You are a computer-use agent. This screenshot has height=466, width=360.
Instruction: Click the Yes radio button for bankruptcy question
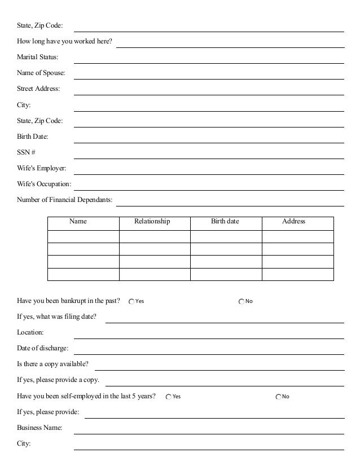(131, 301)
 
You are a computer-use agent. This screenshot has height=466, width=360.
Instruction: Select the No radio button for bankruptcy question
(242, 301)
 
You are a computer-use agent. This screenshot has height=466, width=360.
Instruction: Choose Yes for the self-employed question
(169, 397)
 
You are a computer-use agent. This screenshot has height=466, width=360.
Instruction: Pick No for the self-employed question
(278, 397)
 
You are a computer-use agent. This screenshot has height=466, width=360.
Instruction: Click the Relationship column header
(152, 222)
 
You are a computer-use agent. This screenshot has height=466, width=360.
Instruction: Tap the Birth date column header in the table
(225, 222)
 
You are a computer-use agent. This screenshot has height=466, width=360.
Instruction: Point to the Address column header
(293, 222)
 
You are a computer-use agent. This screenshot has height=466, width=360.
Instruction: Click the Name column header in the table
(78, 222)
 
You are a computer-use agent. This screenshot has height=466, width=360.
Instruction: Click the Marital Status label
(37, 58)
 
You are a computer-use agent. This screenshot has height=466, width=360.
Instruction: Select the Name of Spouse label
(41, 73)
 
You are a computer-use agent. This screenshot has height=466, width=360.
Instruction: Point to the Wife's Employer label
(41, 168)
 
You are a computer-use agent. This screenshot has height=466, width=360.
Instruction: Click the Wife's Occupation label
(44, 184)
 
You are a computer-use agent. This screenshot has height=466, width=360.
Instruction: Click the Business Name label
(39, 428)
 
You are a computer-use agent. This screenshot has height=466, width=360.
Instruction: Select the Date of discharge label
(42, 349)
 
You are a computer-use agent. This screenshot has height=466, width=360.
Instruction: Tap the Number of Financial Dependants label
(64, 200)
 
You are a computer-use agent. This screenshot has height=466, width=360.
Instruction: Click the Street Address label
(38, 89)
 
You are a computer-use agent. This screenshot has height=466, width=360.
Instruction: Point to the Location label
(30, 333)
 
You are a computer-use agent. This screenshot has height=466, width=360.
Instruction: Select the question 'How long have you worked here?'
(64, 42)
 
